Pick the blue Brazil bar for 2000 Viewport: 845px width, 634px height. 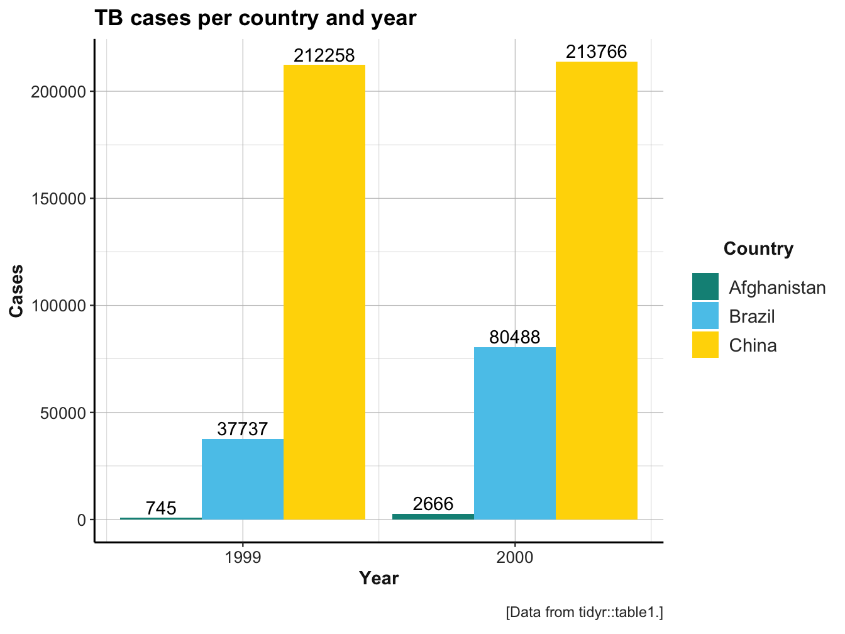click(515, 433)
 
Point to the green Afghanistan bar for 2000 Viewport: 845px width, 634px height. click(433, 516)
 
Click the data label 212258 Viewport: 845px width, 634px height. click(324, 55)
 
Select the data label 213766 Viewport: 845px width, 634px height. click(597, 52)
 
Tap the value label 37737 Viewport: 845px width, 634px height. click(243, 430)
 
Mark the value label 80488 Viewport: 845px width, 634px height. click(515, 338)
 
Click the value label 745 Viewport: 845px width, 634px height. click(161, 508)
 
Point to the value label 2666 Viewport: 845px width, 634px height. click(433, 504)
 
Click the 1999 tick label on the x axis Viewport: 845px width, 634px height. click(243, 557)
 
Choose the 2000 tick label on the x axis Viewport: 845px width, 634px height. click(515, 557)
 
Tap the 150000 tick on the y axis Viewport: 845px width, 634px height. click(58, 199)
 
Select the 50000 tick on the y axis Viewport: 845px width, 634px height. click(62, 413)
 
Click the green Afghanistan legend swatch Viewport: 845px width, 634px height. click(705, 287)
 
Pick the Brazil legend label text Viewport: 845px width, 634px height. click(752, 316)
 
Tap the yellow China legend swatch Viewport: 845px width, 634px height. click(705, 345)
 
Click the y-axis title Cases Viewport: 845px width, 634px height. click(17, 291)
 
